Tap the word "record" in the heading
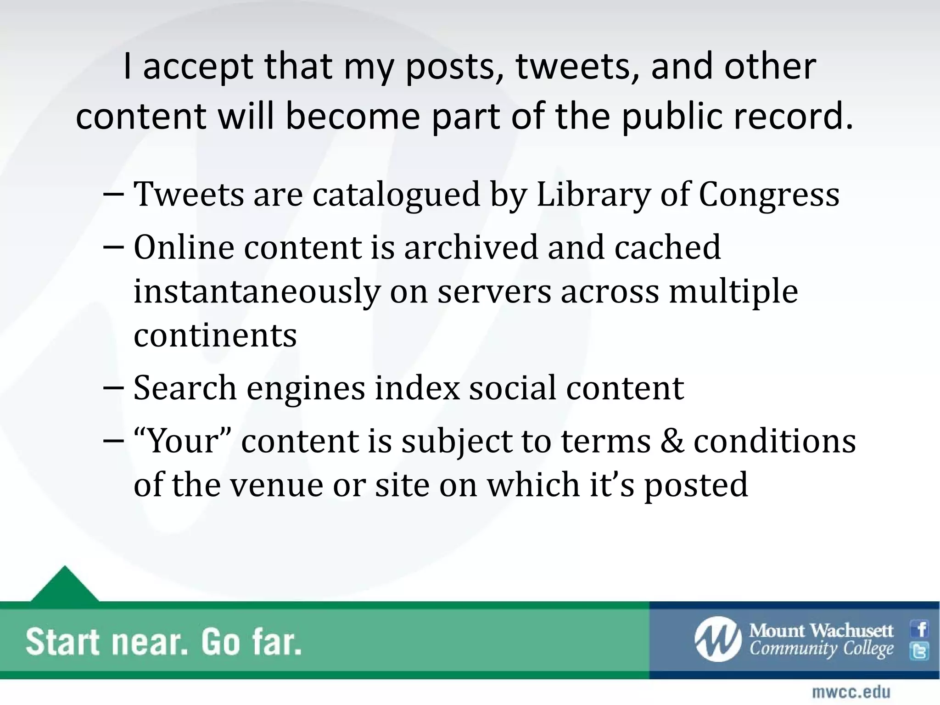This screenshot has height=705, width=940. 789,116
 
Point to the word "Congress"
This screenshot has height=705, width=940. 769,195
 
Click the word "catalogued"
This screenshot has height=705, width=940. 396,195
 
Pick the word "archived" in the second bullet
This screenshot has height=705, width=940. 471,247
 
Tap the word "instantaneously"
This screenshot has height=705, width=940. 257,292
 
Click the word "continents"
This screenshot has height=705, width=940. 215,335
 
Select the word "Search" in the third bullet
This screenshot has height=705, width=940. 185,388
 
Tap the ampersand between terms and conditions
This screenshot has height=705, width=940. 671,441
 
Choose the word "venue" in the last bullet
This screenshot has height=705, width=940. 276,485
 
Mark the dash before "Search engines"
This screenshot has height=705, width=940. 113,388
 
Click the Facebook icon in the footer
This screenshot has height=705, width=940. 920,629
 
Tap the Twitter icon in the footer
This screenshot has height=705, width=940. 920,651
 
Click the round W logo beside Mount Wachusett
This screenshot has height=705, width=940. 717,639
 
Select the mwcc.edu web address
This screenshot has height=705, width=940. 851,692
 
